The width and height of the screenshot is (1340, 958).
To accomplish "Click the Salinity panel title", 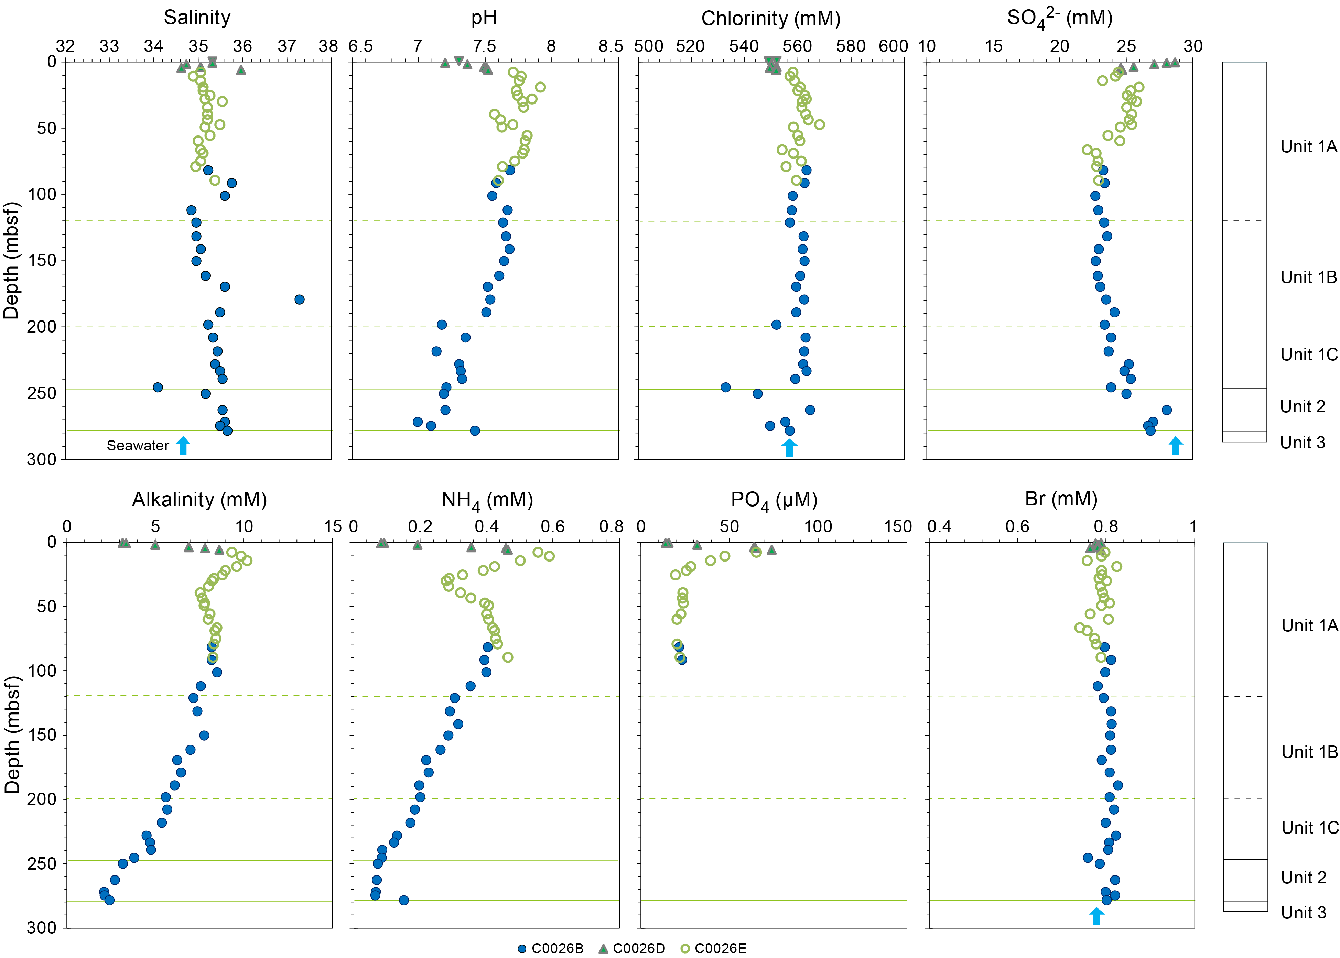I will [197, 18].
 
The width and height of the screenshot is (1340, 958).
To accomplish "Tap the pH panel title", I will [484, 18].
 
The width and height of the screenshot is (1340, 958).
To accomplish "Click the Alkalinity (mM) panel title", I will [199, 500].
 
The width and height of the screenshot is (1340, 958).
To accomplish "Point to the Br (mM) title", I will [1061, 499].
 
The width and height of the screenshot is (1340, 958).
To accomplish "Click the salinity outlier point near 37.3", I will [299, 300].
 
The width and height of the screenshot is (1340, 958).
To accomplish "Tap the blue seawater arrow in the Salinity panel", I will [183, 446].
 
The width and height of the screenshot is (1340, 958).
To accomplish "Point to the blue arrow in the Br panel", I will [1096, 916].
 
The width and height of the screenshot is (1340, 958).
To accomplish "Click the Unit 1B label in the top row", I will [1309, 277].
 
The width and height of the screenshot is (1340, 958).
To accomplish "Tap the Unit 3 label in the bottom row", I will [1304, 913].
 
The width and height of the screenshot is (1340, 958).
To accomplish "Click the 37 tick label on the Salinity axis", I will [287, 46].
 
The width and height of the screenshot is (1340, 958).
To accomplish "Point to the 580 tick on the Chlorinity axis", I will [850, 46].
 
